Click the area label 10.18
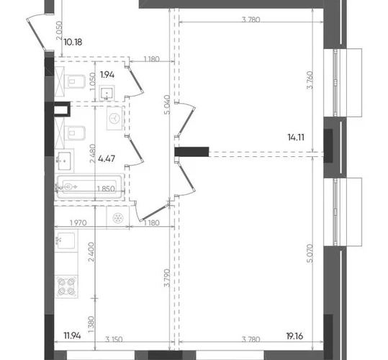[x=73, y=42]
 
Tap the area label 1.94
[x=107, y=74]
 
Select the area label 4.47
[x=107, y=158]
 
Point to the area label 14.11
[x=296, y=137]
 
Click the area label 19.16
[x=294, y=336]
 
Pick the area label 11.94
[x=72, y=336]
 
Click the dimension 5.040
[x=167, y=104]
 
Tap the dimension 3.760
[x=310, y=80]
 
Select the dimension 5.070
[x=310, y=253]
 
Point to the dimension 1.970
[x=78, y=222]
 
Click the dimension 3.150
[x=114, y=339]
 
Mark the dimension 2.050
[x=59, y=31]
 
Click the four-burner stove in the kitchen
[x=66, y=287]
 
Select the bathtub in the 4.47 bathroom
[x=90, y=186]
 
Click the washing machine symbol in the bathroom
[x=115, y=118]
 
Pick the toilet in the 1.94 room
[x=74, y=81]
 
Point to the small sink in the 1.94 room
[x=107, y=93]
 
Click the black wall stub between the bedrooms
[x=191, y=152]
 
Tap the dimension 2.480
[x=93, y=153]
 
